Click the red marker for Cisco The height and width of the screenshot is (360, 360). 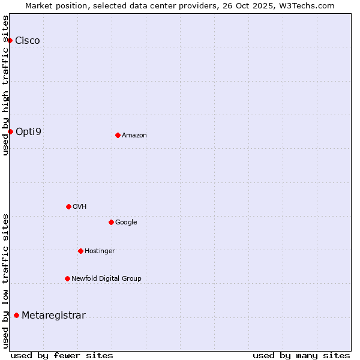tap(10, 40)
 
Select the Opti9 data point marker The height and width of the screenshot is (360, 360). tap(10, 131)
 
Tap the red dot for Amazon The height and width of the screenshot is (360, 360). tap(118, 135)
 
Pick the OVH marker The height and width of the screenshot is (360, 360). tap(68, 206)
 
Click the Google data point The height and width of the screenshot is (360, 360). tap(111, 222)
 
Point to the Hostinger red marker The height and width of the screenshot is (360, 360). tap(80, 251)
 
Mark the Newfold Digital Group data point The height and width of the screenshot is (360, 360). tap(67, 278)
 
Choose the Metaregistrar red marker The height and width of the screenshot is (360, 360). tap(16, 316)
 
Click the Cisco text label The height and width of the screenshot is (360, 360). tap(28, 41)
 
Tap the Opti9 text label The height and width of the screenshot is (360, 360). tap(28, 131)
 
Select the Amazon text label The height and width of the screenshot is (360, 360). tap(134, 136)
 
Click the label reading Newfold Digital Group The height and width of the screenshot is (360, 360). tap(106, 278)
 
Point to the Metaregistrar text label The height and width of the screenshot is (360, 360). tap(53, 316)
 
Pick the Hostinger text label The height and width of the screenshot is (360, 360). tap(100, 251)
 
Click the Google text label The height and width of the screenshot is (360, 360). tap(126, 223)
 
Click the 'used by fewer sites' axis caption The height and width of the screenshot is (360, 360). tap(62, 355)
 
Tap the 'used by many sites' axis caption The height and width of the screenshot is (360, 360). tap(301, 355)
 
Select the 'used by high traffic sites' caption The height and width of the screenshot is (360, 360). tap(5, 85)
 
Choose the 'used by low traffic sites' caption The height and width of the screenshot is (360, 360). tap(5, 281)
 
